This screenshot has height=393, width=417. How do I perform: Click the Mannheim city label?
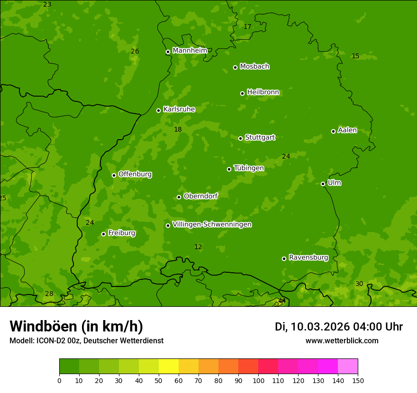(x=190, y=51)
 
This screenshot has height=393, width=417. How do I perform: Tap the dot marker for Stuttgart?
(x=240, y=138)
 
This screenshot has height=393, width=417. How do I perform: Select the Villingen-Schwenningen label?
(x=212, y=224)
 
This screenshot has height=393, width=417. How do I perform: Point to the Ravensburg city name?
(x=308, y=258)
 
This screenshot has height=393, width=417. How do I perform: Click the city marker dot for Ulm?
(x=323, y=184)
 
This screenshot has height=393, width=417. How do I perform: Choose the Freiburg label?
(x=121, y=233)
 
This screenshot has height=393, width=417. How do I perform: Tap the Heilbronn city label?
(x=263, y=92)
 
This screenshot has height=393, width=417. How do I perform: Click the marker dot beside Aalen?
(x=333, y=131)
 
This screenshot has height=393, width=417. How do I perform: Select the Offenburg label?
(x=135, y=174)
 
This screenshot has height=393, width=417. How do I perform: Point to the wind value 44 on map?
(x=282, y=301)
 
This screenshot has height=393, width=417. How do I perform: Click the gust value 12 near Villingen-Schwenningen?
(x=198, y=247)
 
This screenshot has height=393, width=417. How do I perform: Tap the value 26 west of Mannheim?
(x=135, y=51)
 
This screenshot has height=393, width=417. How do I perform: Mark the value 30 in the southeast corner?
(x=359, y=284)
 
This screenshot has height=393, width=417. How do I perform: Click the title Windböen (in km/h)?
(x=76, y=326)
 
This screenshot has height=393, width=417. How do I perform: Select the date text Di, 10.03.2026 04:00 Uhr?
(x=339, y=327)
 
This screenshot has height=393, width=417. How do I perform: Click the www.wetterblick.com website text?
(x=342, y=340)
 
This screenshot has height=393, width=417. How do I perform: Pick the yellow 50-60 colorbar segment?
(x=169, y=366)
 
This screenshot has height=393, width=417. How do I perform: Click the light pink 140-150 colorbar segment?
(x=348, y=366)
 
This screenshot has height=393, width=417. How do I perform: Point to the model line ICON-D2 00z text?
(x=86, y=340)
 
